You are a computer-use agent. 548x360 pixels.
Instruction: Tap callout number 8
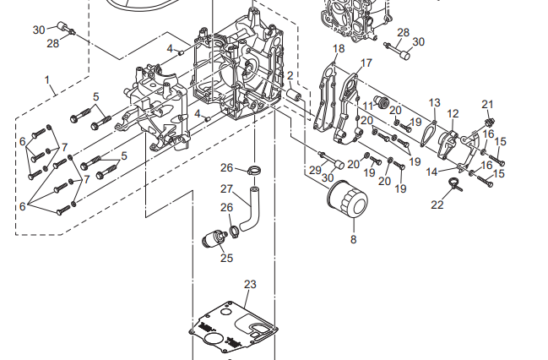pos(353,240)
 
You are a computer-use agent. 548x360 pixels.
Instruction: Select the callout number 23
pos(250,284)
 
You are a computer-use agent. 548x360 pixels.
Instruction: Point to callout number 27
pos(226,188)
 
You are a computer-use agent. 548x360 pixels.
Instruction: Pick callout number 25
pos(226,258)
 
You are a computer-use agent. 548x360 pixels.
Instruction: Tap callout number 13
pos(434,102)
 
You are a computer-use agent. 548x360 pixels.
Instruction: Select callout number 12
pos(453,113)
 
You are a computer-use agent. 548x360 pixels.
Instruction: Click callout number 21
pos(487,104)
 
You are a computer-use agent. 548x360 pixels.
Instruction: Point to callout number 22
pos(437,205)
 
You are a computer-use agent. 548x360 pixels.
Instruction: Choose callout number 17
pos(366,63)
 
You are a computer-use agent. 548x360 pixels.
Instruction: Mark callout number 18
pos(339,49)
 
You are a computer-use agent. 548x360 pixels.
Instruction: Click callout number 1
pos(48,83)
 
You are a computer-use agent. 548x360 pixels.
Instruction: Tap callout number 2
pos(290,75)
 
